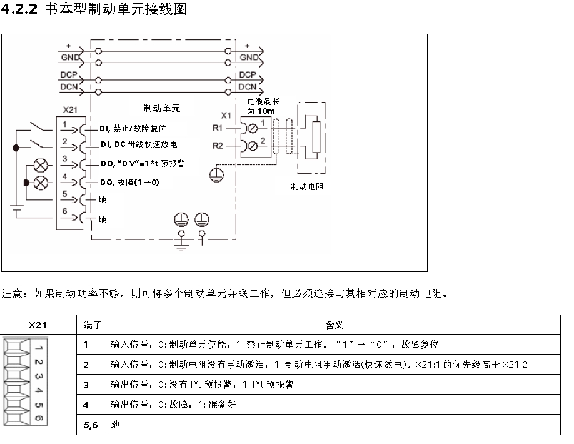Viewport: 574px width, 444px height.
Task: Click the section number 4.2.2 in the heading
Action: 20,11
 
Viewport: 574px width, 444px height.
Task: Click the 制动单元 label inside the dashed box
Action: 162,108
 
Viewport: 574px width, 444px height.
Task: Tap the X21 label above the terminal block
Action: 71,110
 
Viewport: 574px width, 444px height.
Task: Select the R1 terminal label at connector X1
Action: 218,128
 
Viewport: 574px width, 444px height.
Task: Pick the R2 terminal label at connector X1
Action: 218,146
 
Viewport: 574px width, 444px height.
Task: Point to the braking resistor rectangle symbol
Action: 316,137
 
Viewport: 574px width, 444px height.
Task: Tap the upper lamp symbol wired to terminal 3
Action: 41,166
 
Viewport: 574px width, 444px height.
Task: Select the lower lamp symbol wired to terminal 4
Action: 41,183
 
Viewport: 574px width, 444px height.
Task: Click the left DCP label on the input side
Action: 69,74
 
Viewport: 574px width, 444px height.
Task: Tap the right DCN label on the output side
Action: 248,87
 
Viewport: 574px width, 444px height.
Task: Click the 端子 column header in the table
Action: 92,325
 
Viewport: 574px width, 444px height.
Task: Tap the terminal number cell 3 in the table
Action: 86,385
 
